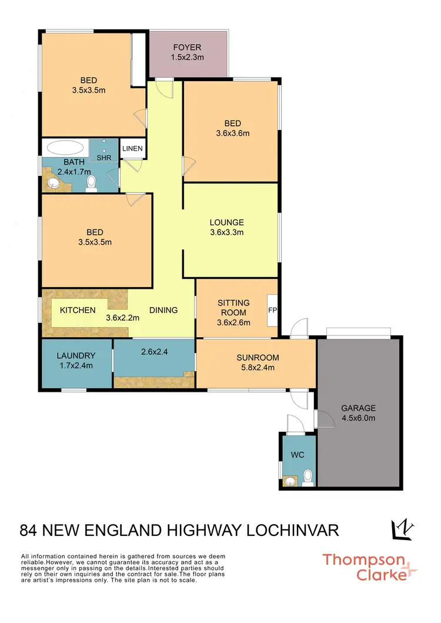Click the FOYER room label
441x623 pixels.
click(187, 47)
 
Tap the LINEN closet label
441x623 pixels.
click(132, 149)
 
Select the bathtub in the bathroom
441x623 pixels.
click(65, 146)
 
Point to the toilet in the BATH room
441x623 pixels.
click(91, 186)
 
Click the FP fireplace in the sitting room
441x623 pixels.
click(272, 309)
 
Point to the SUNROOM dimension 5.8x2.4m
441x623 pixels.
click(258, 368)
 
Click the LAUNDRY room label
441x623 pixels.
click(76, 355)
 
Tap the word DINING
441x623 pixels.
click(163, 310)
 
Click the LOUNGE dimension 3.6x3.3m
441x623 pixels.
click(226, 232)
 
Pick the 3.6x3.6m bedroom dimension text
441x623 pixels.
click(232, 133)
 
